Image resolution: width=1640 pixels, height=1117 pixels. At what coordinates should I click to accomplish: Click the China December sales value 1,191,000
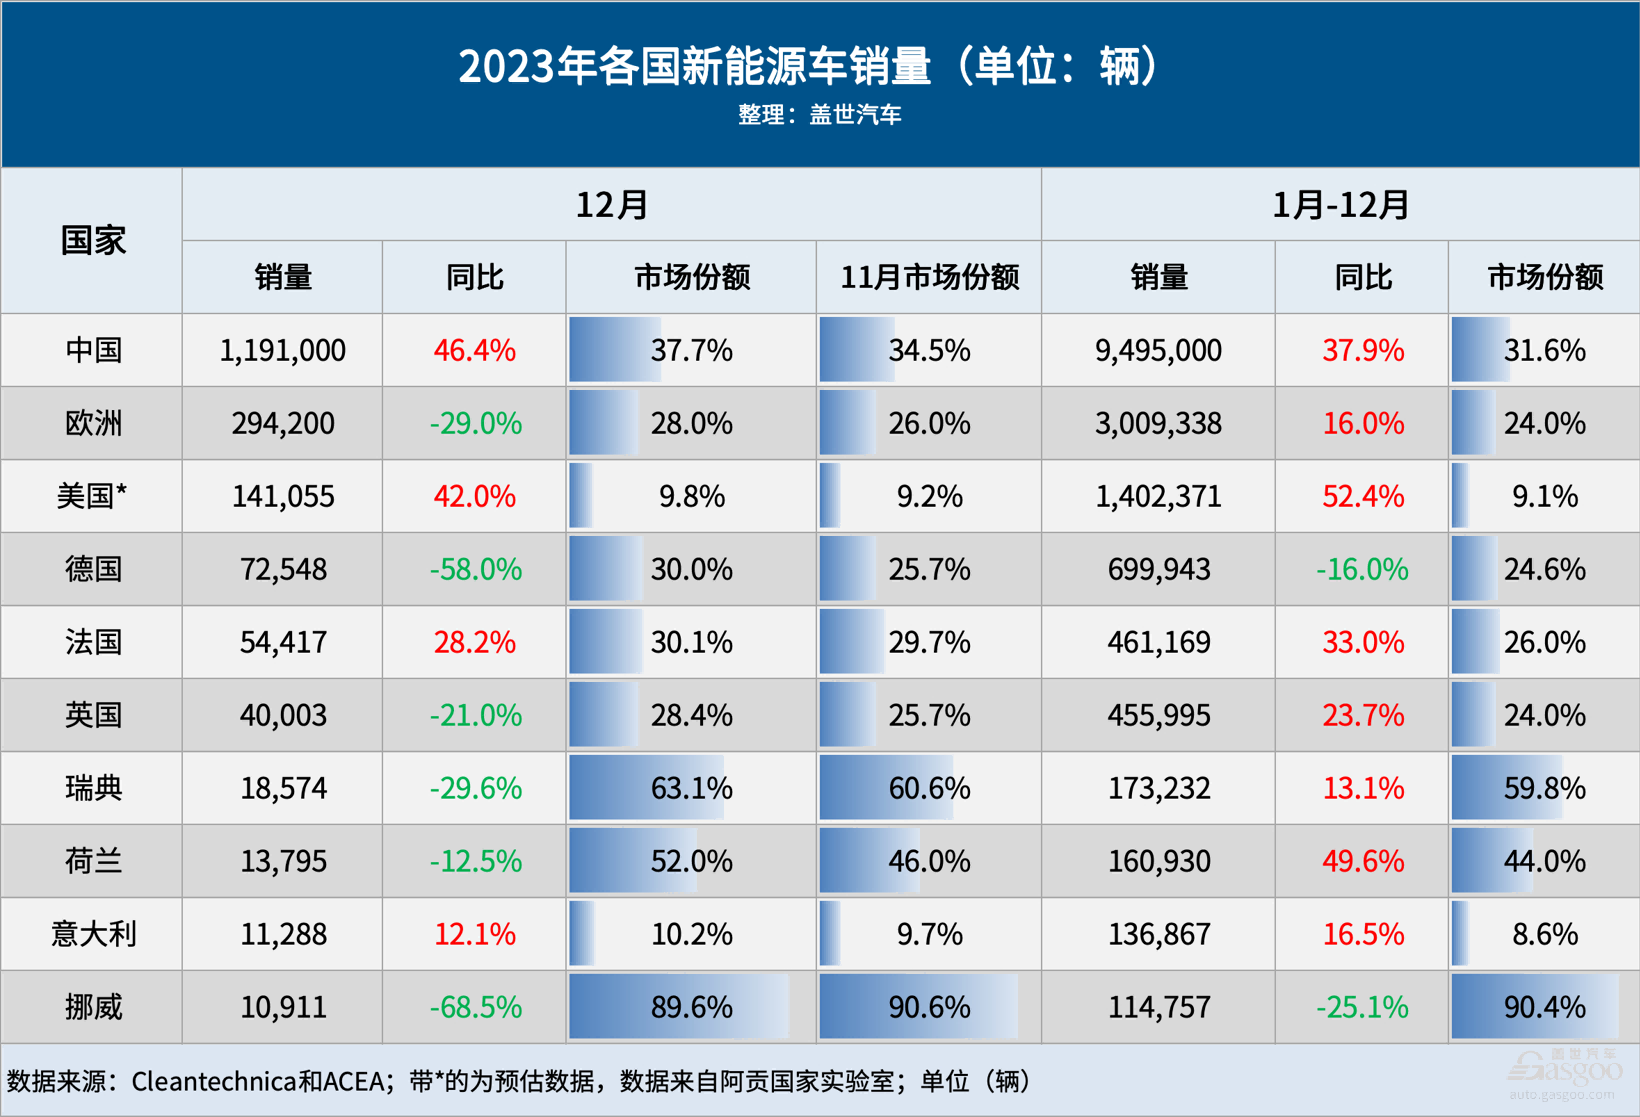283,351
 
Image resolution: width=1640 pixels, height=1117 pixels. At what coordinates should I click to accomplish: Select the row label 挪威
93,1007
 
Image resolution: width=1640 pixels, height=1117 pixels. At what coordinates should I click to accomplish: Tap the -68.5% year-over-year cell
475,1007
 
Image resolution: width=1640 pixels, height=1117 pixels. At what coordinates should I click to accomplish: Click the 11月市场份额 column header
929,277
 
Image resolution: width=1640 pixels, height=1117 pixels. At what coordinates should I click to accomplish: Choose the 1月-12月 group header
1340,205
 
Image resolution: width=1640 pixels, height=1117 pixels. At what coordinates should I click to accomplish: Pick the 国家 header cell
93,241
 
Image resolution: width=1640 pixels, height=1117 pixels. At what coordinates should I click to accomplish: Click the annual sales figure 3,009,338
1158,424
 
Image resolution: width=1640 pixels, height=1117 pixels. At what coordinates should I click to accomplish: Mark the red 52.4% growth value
1362,497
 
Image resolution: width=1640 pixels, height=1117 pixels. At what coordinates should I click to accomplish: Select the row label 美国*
93,497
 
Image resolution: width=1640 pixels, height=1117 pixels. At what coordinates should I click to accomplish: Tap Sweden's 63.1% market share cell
691,789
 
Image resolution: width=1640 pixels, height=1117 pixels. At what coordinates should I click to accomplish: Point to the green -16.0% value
1362,570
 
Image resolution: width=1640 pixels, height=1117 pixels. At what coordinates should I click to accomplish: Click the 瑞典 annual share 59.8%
1544,789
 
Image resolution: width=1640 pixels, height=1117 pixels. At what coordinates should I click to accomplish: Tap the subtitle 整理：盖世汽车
819,115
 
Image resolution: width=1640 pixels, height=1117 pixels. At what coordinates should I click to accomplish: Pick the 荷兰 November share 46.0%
929,862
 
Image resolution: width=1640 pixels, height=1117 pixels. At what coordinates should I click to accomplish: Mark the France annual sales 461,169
1158,643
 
